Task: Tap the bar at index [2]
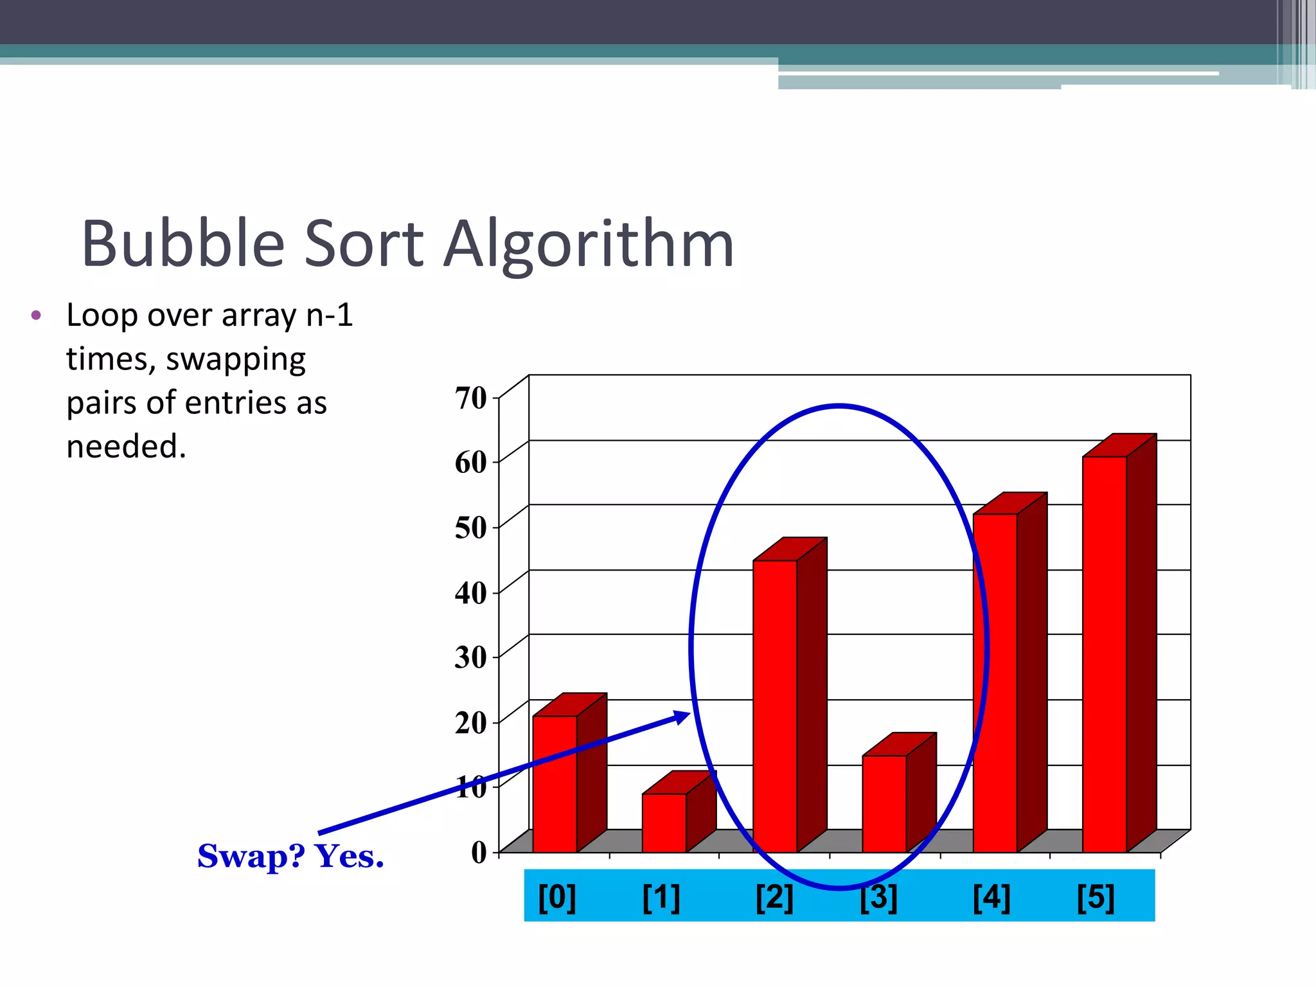(775, 707)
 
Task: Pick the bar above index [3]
(884, 803)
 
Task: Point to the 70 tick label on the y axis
(471, 398)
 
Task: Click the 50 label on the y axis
(471, 528)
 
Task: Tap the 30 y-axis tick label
(471, 657)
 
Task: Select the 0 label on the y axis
(479, 853)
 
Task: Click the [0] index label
(557, 897)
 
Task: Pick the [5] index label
(1096, 897)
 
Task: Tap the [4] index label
(991, 897)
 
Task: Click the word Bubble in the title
(183, 244)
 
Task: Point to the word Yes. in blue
(349, 857)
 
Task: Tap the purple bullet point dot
(36, 316)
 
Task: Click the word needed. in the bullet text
(127, 447)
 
